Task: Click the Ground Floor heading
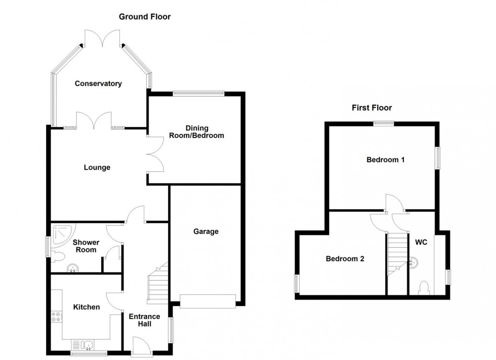click(145, 17)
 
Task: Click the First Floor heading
click(372, 108)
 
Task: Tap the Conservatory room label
click(98, 83)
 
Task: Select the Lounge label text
click(97, 167)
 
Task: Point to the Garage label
click(206, 232)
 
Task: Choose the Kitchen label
click(87, 307)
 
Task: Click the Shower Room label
click(86, 246)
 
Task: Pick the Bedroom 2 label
click(345, 259)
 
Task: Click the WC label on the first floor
click(421, 242)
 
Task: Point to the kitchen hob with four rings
click(56, 317)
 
